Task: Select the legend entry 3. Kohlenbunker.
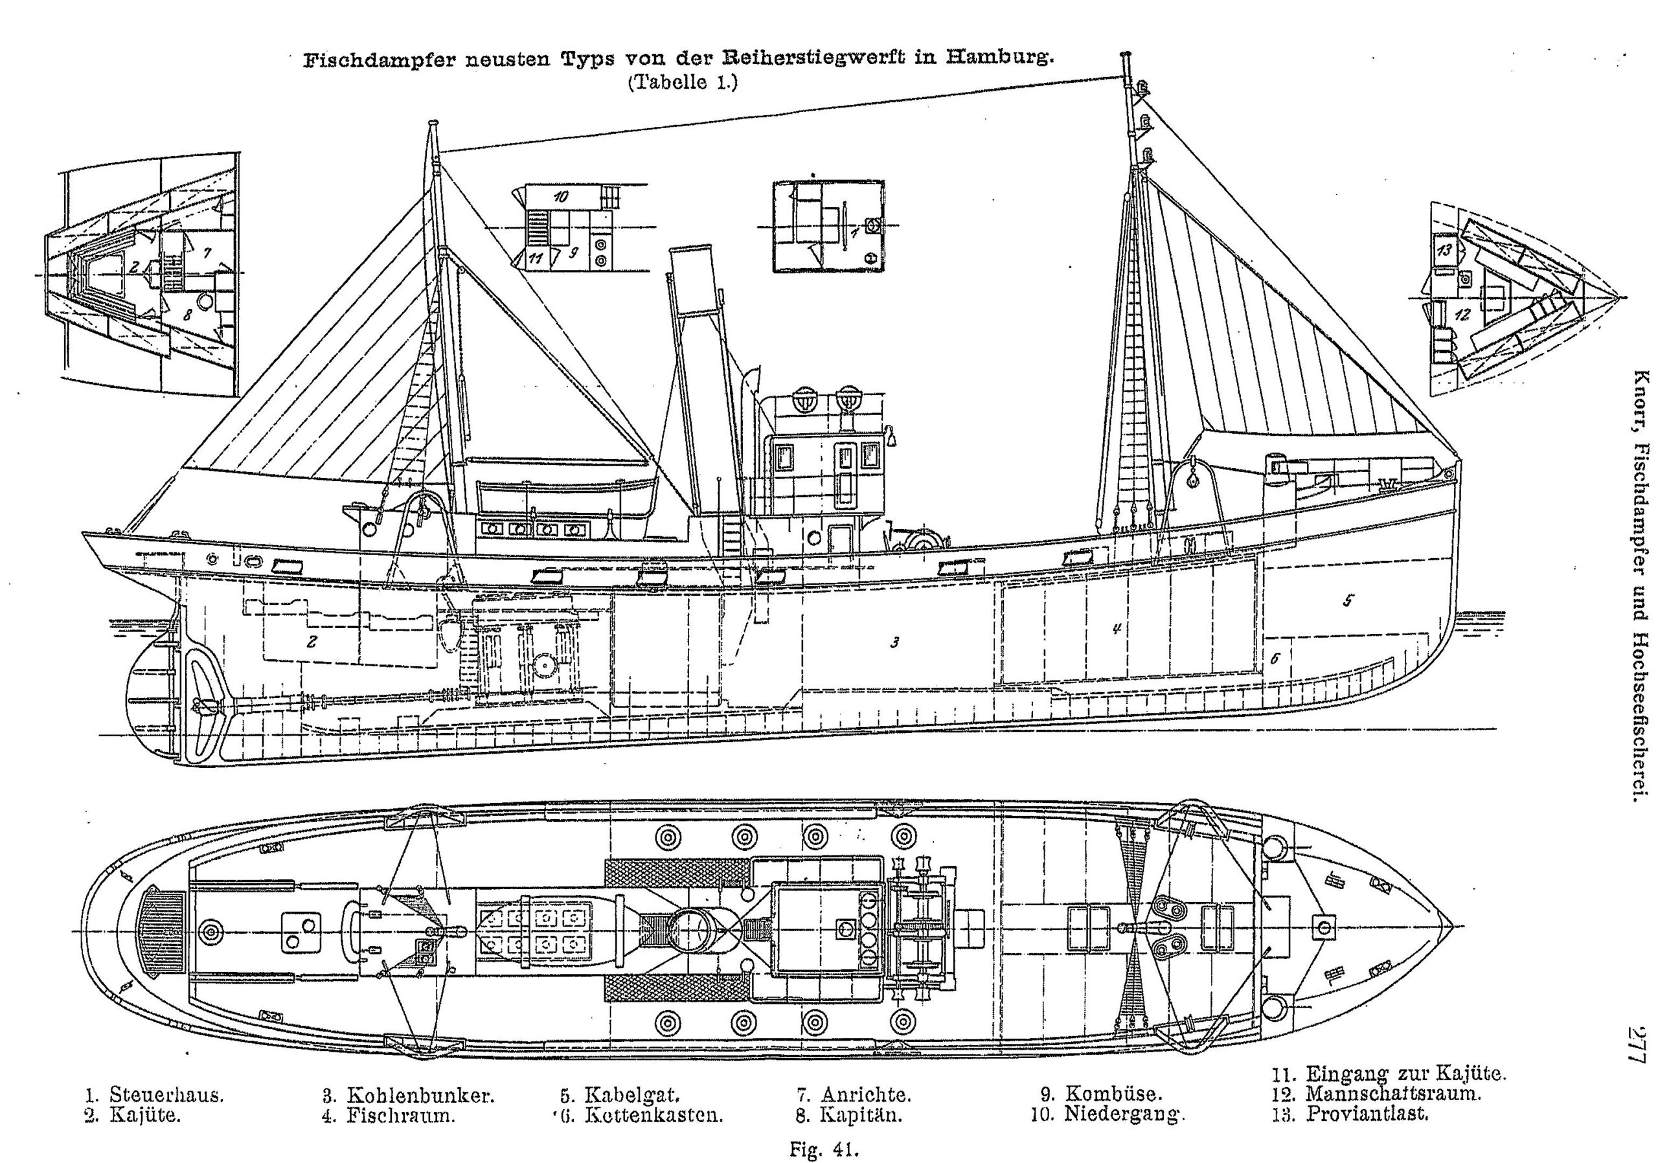click(x=408, y=1094)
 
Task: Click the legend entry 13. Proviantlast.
click(x=1350, y=1113)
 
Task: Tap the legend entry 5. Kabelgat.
click(x=619, y=1094)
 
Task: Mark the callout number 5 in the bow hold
click(x=1348, y=600)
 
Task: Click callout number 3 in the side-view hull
click(x=894, y=642)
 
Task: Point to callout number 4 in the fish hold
click(x=1116, y=628)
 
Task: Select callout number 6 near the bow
click(x=1275, y=659)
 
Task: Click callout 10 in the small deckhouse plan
click(x=562, y=196)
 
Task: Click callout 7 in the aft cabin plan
click(x=207, y=253)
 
